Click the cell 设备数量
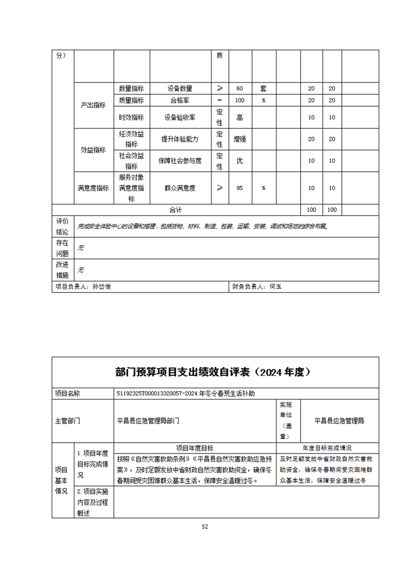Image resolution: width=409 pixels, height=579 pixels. point(180,89)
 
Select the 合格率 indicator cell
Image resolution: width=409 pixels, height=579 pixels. point(180,100)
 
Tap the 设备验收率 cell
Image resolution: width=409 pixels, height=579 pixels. point(180,117)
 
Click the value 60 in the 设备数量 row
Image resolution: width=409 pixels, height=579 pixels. point(239,89)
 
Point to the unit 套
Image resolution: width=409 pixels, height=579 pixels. point(263,89)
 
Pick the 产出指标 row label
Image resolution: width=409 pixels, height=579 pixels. point(93,105)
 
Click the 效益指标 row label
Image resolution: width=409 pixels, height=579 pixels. point(93,150)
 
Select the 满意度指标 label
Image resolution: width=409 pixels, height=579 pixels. point(93,188)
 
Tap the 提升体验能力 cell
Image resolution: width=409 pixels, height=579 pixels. point(180,139)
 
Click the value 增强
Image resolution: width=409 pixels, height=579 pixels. point(239,139)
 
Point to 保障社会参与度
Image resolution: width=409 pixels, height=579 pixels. point(180,161)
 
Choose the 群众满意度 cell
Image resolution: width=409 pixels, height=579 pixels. point(180,188)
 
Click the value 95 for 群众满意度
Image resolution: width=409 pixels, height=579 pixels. point(239,188)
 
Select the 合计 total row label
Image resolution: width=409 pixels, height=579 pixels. point(176,210)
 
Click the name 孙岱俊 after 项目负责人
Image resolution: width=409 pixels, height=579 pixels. point(102,287)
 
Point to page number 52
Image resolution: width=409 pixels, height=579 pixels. point(205,526)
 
